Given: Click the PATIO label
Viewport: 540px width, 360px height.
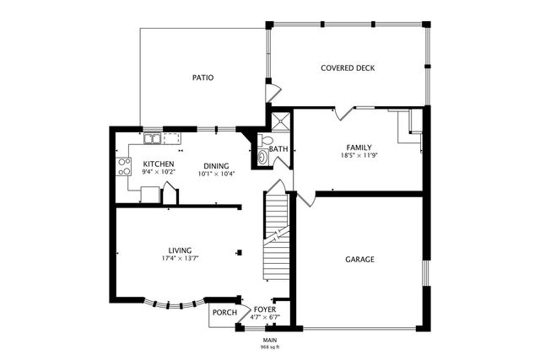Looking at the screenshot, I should tap(202, 78).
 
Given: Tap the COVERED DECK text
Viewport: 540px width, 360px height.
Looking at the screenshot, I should tap(348, 68).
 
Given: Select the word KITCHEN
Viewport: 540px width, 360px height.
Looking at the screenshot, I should tap(159, 164).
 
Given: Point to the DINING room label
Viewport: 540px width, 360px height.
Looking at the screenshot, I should tap(216, 165).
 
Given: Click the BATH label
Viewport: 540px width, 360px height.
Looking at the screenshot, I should tap(279, 149).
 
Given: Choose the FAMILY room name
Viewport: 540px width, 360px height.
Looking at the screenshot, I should tap(359, 148).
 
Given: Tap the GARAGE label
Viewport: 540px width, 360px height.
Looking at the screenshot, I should tap(359, 260).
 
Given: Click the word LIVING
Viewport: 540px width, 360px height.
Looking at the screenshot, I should tap(180, 250).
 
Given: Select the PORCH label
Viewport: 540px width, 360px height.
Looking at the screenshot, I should tap(224, 313).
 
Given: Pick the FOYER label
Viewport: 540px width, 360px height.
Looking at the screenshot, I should tap(266, 309).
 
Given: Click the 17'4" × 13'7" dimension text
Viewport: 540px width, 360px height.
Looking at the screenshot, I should tap(180, 259).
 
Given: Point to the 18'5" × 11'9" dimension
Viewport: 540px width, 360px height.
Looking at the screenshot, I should tap(359, 156).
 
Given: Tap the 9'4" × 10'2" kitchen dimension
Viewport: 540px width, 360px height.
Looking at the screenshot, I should tap(159, 172).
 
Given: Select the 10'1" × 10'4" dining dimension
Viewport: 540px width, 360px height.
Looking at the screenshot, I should tap(216, 174).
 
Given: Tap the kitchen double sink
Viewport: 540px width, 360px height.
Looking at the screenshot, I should tap(153, 138).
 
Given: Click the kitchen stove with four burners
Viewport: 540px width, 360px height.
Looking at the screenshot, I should tap(124, 165).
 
